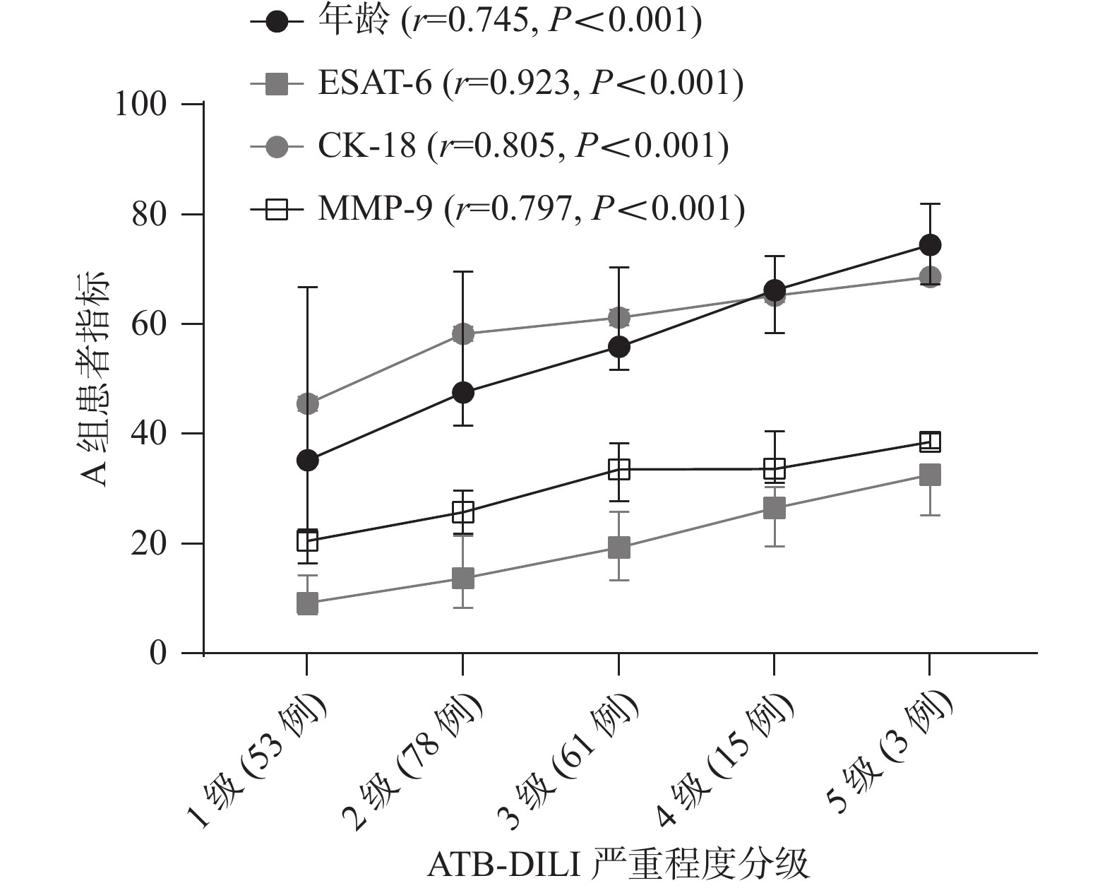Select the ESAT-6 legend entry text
click(530, 84)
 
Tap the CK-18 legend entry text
click(523, 146)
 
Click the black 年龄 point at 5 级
click(930, 245)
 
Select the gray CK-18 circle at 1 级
click(307, 404)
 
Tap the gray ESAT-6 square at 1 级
click(307, 604)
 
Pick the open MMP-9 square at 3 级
click(618, 469)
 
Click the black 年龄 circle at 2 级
click(462, 393)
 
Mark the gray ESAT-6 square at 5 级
click(930, 475)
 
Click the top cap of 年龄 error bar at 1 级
click(307, 288)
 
